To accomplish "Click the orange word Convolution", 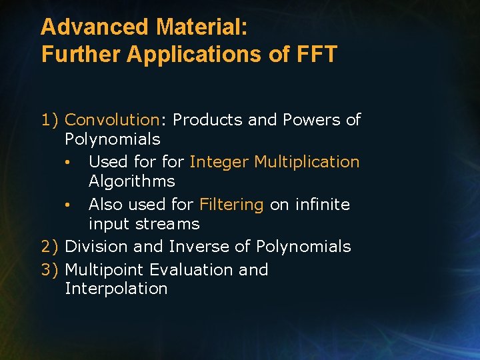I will tap(112, 120).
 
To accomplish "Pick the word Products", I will tap(207, 120).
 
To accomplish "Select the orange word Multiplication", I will tap(307, 162).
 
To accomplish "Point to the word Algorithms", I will tap(131, 181).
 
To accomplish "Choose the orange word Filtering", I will tap(231, 205).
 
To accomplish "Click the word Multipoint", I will tap(105, 270).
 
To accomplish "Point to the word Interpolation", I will tap(116, 289).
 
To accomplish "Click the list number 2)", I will tap(50, 247).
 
